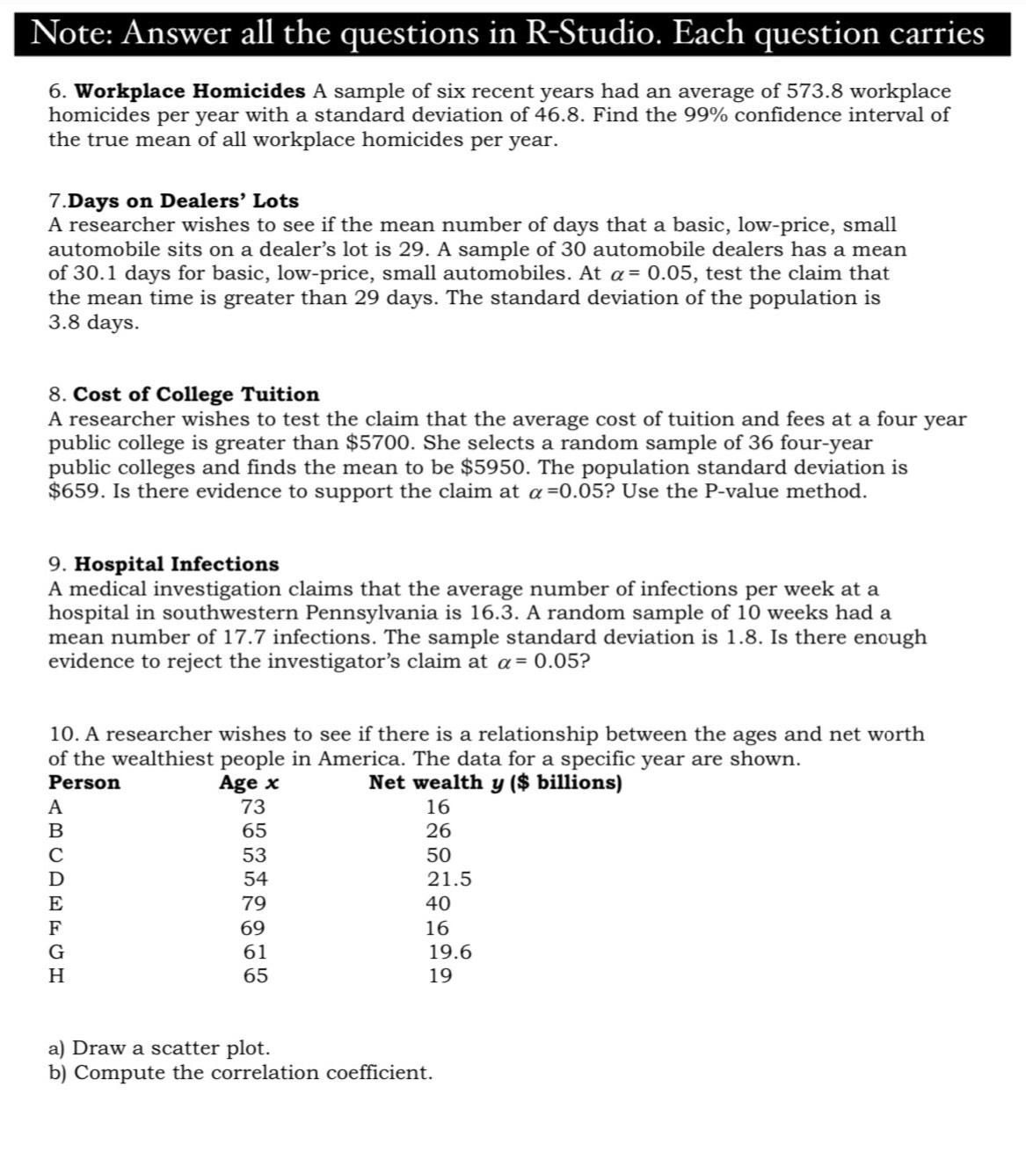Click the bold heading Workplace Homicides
pyautogui.click(x=190, y=91)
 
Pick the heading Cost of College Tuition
pyautogui.click(x=196, y=395)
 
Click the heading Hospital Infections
pyautogui.click(x=177, y=564)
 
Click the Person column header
pyautogui.click(x=84, y=783)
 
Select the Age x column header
pyautogui.click(x=249, y=783)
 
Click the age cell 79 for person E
pyautogui.click(x=254, y=903)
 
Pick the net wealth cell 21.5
pyautogui.click(x=449, y=880)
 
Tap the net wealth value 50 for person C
pyautogui.click(x=438, y=856)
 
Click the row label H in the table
pyautogui.click(x=56, y=976)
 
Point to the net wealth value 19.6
pyautogui.click(x=449, y=953)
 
